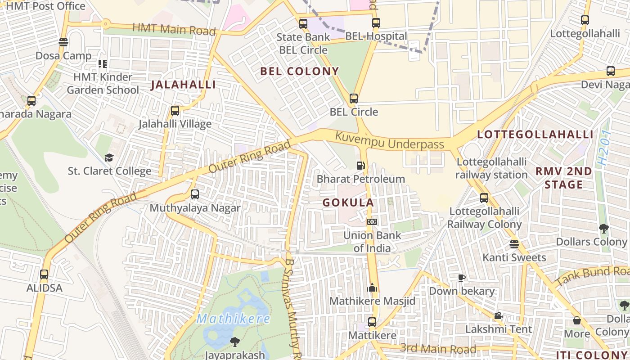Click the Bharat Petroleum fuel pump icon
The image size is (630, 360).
(x=360, y=165)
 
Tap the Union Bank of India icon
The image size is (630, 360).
(x=372, y=222)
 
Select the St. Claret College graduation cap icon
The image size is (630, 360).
(x=109, y=157)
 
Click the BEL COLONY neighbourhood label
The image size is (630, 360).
(x=299, y=71)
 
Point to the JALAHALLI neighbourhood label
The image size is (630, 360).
(x=183, y=85)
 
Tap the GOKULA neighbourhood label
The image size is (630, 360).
(x=348, y=202)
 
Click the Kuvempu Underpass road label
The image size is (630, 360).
(x=390, y=140)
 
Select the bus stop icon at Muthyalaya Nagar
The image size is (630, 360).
(x=195, y=194)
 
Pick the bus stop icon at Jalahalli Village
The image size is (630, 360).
(x=175, y=110)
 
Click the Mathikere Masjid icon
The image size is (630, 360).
(x=372, y=288)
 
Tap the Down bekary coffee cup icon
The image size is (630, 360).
(x=461, y=278)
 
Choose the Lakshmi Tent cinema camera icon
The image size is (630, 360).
(x=498, y=316)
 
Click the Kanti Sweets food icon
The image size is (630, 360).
(x=514, y=244)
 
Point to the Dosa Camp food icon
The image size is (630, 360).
(x=63, y=42)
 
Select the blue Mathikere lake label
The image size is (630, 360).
(x=234, y=319)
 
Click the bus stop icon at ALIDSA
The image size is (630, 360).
(x=44, y=274)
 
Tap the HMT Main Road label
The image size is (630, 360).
(x=174, y=29)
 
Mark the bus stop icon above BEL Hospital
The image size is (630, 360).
(x=376, y=22)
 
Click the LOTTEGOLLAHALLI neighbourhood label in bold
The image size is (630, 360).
(x=535, y=135)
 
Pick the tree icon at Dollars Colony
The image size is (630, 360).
(x=603, y=229)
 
